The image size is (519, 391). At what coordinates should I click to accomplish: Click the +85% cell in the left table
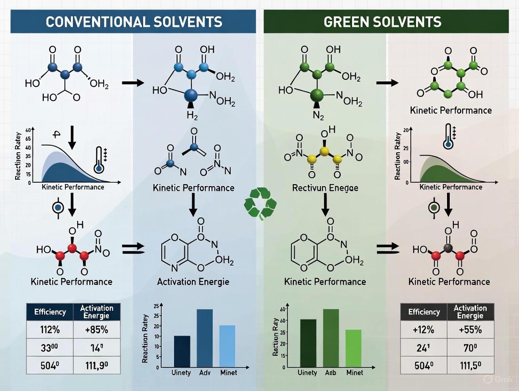(x=97, y=329)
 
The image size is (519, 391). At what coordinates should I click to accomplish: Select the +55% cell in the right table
(x=471, y=329)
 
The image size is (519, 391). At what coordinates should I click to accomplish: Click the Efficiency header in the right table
(x=424, y=312)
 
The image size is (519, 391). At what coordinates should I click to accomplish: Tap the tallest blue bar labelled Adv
(x=204, y=337)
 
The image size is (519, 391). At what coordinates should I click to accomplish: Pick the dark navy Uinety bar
(x=182, y=351)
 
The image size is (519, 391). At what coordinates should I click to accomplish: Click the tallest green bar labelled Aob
(x=330, y=337)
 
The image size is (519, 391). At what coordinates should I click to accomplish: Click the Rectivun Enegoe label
(x=324, y=188)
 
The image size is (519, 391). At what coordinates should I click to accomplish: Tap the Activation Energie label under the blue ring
(x=194, y=282)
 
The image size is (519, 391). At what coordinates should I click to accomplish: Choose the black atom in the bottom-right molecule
(x=448, y=248)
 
